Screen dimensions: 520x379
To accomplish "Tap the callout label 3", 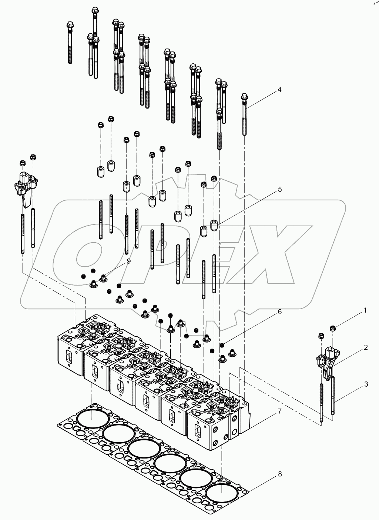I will pyautogui.click(x=366, y=384).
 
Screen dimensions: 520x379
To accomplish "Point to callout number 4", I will pyautogui.click(x=279, y=89).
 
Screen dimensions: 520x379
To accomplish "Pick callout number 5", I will pyautogui.click(x=279, y=189).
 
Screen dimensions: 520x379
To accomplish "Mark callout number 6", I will pyautogui.click(x=279, y=312).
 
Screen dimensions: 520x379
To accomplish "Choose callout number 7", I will pyautogui.click(x=279, y=411).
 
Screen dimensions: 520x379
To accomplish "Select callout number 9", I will pyautogui.click(x=128, y=261).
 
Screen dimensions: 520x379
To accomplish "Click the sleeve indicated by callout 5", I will pyautogui.click(x=214, y=225).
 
